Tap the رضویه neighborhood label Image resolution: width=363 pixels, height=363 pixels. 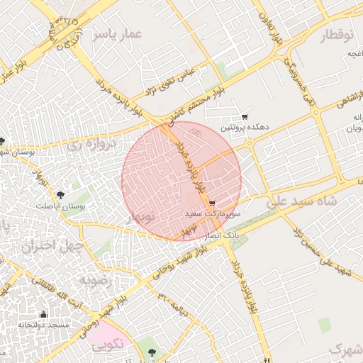coord(96,281)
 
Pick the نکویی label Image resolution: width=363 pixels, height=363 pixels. coord(108,342)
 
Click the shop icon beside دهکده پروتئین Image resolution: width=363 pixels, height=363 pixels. coord(245,116)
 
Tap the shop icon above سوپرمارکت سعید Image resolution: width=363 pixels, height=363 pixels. coord(212,203)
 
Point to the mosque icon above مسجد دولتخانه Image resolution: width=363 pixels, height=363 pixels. coord(43,314)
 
